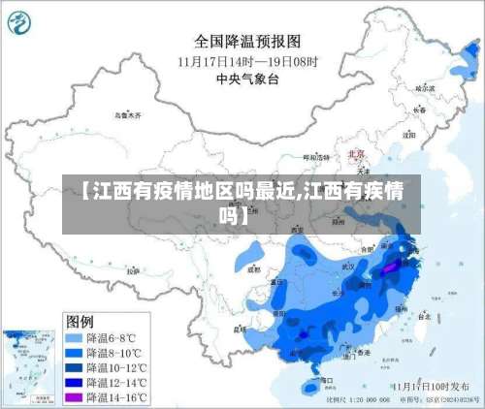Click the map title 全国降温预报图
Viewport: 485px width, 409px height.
coord(247,41)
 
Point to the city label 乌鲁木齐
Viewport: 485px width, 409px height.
coord(127,114)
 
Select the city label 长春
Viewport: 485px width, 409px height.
coord(419,110)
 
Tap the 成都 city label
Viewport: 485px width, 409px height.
coord(253,270)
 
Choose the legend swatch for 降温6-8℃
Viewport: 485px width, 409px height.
coord(74,338)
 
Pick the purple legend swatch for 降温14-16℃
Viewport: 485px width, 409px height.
coord(74,396)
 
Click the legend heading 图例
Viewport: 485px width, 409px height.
coord(79,320)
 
